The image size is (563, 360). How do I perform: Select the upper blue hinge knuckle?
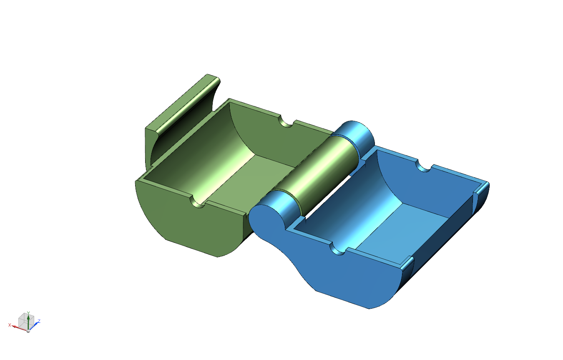pos(354,137)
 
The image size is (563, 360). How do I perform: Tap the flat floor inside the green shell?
pos(251,181)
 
